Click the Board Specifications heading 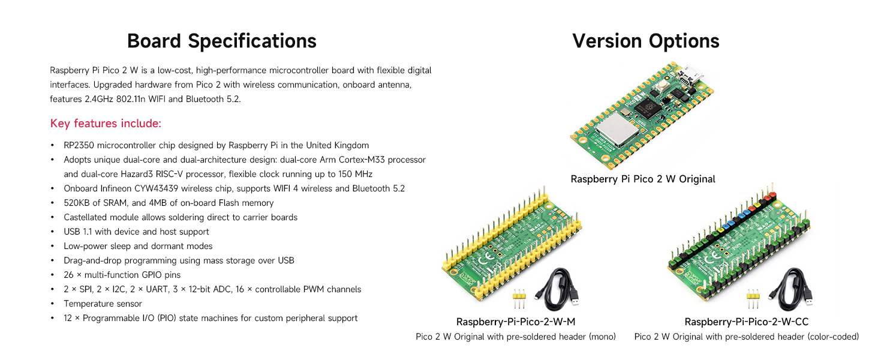click(221, 41)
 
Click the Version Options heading click(646, 41)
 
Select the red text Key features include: click(106, 124)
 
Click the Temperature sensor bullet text click(103, 304)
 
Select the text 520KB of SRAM click(96, 203)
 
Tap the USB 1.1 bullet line click(136, 232)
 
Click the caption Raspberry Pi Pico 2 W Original click(642, 179)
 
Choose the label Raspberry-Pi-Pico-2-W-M click(516, 322)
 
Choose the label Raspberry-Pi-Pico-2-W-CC click(746, 322)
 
